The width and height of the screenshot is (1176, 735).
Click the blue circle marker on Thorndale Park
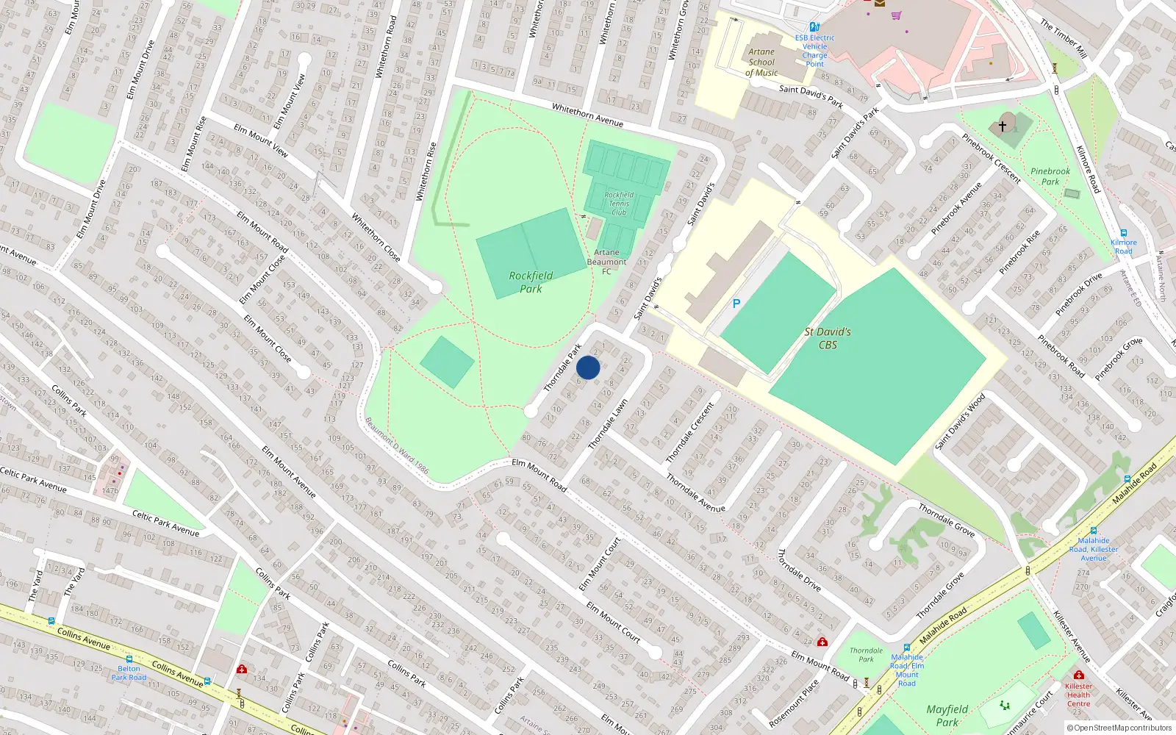tap(588, 367)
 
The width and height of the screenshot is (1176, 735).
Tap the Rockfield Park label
tap(531, 282)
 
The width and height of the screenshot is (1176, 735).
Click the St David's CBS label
tap(828, 338)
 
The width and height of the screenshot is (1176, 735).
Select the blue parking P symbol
tap(736, 304)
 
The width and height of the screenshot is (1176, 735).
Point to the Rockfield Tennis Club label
tap(619, 204)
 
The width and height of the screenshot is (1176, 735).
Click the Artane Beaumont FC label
tap(606, 262)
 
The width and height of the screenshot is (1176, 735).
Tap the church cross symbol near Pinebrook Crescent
tap(1002, 126)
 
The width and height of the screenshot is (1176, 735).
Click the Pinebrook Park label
tap(1050, 176)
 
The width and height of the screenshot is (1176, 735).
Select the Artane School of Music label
tap(761, 62)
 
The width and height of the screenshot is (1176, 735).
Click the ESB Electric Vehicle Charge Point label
tap(814, 50)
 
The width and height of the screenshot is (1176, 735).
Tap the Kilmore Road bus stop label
tap(1123, 246)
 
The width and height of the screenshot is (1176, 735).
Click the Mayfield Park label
tap(947, 715)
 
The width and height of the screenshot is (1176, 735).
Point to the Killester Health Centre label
tap(1078, 695)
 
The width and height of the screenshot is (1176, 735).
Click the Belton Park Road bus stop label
tap(129, 673)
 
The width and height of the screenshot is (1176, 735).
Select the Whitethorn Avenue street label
tap(587, 115)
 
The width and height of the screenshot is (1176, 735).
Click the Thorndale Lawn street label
tap(608, 425)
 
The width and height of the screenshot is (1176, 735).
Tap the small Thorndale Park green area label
tap(867, 654)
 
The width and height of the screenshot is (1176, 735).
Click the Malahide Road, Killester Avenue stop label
tap(1094, 548)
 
